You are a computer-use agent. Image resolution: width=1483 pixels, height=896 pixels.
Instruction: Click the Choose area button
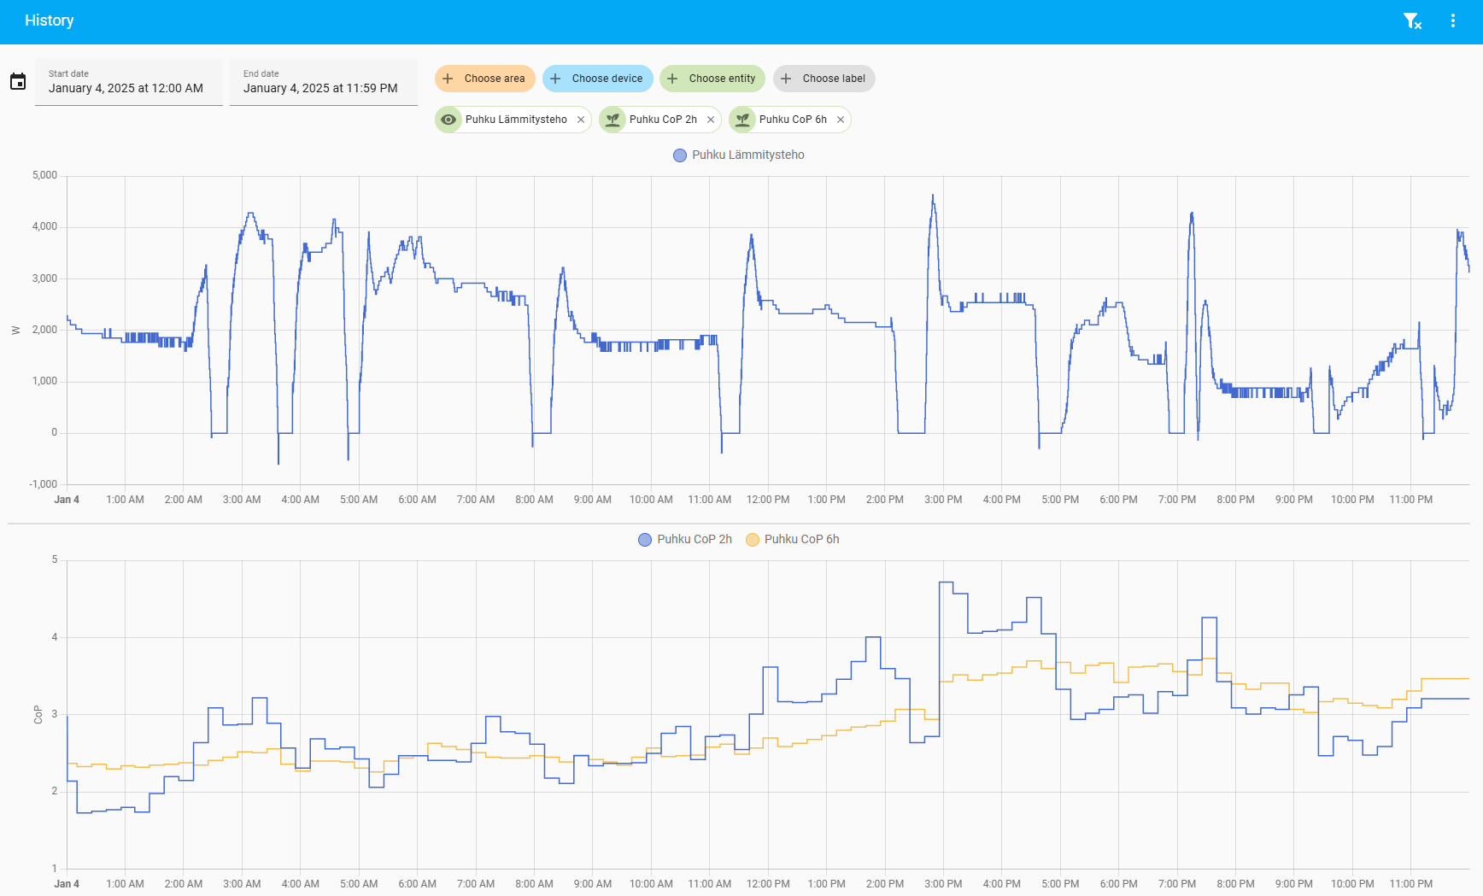click(484, 79)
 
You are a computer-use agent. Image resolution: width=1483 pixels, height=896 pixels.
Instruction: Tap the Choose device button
click(597, 79)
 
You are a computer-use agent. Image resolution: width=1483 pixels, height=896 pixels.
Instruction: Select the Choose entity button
click(712, 79)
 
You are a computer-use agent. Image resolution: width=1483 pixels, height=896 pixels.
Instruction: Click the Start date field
click(128, 82)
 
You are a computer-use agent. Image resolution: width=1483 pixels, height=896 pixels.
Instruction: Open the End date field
click(323, 82)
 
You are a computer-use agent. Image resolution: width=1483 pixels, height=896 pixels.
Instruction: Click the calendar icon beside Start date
click(18, 82)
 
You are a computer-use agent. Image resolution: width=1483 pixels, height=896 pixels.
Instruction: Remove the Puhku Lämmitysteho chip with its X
click(581, 120)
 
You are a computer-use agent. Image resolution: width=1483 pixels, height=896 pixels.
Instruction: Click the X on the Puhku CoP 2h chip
click(711, 120)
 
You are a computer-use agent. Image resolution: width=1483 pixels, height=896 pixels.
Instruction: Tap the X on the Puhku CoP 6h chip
click(841, 120)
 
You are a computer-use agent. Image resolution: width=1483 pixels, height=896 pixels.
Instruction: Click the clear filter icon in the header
click(1412, 21)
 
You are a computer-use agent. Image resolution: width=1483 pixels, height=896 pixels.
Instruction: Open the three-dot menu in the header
click(1453, 21)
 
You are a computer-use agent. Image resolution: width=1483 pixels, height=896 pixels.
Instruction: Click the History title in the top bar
click(50, 20)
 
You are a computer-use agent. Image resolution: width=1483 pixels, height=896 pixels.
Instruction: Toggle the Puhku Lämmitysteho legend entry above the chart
click(739, 155)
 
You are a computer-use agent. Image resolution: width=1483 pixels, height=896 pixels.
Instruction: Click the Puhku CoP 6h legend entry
click(793, 540)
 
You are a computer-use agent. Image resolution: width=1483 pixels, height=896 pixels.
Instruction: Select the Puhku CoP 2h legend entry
click(685, 540)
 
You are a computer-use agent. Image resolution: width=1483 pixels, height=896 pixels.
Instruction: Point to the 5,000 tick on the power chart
click(44, 176)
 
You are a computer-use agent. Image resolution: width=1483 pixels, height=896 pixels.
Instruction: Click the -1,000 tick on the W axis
click(43, 484)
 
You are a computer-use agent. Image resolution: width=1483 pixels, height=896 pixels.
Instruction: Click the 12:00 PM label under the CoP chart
click(768, 884)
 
